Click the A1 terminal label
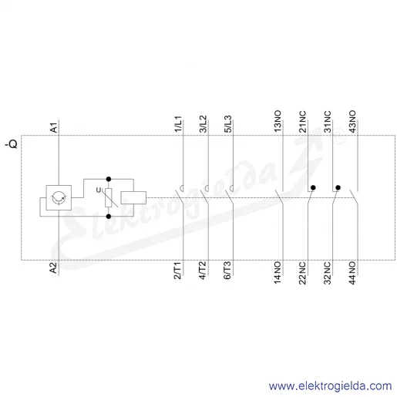pos(54,128)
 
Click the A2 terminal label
pos(53,267)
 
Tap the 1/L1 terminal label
pos(178,124)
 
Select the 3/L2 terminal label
pos(203,124)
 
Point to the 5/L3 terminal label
pos(228,124)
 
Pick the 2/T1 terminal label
pos(177,271)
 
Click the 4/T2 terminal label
pos(203,271)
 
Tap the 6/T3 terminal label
pos(227,271)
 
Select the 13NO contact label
pos(278,122)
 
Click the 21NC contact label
pos(302,122)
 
